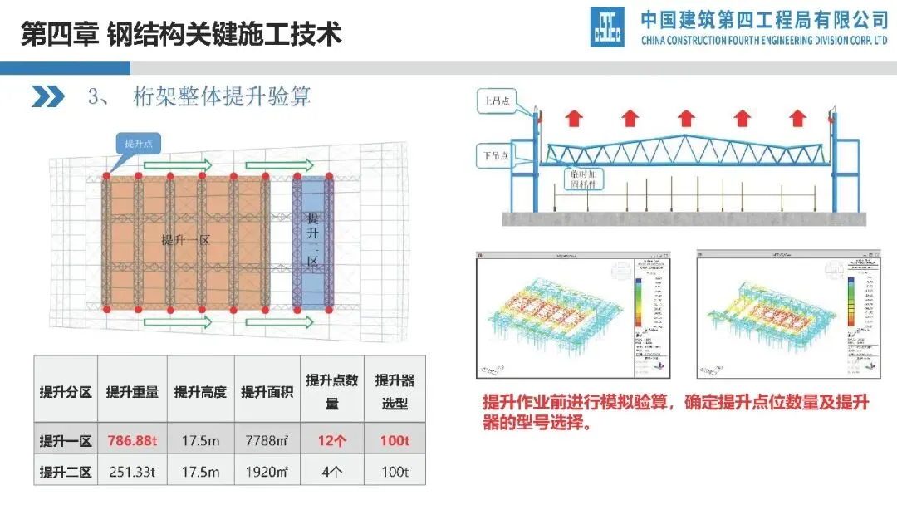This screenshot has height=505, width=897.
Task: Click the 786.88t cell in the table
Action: tap(132, 441)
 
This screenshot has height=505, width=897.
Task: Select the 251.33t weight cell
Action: tap(132, 472)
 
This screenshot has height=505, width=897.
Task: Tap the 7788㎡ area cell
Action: tap(265, 441)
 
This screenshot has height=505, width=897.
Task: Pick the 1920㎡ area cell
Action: tap(265, 472)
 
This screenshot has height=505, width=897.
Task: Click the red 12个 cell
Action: tap(331, 441)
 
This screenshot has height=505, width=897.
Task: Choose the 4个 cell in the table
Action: tap(331, 472)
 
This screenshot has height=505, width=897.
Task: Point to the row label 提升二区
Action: tap(66, 472)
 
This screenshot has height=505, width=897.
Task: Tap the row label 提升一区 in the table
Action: tap(66, 441)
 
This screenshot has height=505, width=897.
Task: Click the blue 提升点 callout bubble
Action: tap(137, 144)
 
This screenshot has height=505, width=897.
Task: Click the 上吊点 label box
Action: tap(496, 102)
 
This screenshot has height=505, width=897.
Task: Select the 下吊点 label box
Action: tap(495, 154)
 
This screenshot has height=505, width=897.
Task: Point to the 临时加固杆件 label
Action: tap(586, 180)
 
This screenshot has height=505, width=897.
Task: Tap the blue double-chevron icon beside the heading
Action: tap(48, 96)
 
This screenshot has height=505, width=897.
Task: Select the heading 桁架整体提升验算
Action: tap(221, 96)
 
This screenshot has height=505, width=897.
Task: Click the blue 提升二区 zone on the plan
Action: tap(312, 241)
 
